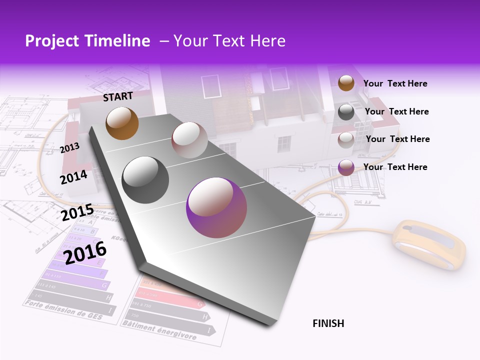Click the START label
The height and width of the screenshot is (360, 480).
(x=118, y=96)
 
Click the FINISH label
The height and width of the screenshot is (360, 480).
(x=328, y=323)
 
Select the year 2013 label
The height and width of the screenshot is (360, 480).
(x=69, y=147)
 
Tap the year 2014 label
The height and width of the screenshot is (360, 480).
(x=73, y=177)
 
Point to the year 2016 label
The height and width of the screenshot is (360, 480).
(x=85, y=252)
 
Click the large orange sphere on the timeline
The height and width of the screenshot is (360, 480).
(x=122, y=123)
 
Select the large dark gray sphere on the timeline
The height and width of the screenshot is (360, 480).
(x=145, y=180)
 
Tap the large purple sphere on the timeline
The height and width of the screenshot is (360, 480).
(x=216, y=207)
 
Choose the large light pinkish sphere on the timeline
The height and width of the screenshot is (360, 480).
(x=189, y=140)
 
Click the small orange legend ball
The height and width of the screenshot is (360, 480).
(x=346, y=83)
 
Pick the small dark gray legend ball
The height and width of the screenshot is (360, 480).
(x=346, y=112)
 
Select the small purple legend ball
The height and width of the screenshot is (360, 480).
(x=346, y=167)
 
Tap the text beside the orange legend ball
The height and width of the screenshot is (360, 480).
(x=395, y=84)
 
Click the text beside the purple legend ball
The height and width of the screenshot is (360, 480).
(x=395, y=167)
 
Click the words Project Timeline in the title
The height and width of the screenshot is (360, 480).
(x=87, y=41)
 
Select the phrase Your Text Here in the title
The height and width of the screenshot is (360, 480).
(x=229, y=41)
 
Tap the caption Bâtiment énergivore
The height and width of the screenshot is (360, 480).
(x=159, y=330)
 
